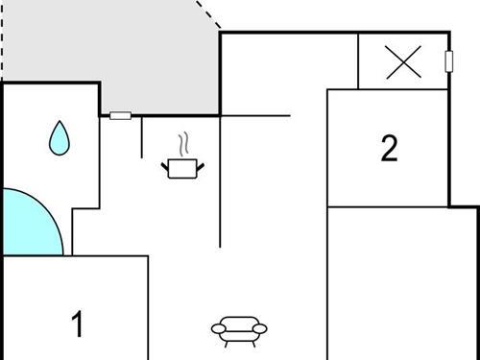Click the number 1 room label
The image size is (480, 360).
point(78,324)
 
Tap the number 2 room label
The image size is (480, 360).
point(389,149)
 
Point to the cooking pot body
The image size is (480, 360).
point(181,169)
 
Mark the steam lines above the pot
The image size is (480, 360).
point(181,146)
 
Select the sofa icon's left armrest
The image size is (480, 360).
point(217,330)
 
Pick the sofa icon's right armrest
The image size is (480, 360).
point(260,330)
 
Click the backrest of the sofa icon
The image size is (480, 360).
point(238,322)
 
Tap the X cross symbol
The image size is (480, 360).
point(403,63)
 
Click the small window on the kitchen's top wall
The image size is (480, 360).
point(120,115)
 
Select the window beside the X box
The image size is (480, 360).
point(448,61)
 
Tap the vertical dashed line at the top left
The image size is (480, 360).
point(2,38)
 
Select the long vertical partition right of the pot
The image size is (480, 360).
point(221,182)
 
